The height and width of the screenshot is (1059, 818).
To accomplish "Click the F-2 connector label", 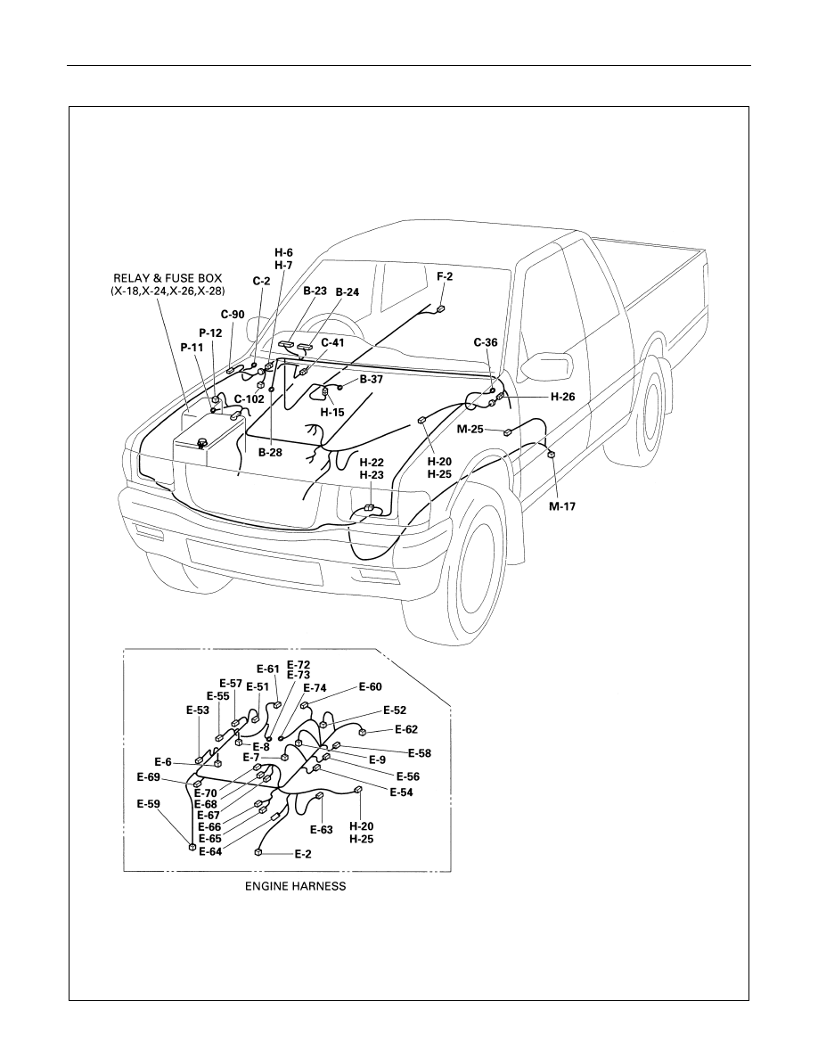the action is point(445,276).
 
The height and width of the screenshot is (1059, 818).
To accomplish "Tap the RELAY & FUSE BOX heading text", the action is point(168,278).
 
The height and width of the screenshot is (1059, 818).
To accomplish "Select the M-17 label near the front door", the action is point(562,505).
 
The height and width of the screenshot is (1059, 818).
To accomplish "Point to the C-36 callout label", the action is point(486,342).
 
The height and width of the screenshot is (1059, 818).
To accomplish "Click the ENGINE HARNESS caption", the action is point(295,886).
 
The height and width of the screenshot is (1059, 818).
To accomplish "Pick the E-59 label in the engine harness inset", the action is point(149,804).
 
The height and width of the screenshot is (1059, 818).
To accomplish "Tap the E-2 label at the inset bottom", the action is point(303,854).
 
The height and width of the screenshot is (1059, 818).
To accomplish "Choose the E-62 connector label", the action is point(406,729).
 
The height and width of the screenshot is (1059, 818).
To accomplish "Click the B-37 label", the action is point(372,380).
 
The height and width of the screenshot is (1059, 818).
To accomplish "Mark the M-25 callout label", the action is point(470,429).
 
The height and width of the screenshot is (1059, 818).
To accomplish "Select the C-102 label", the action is point(249,399).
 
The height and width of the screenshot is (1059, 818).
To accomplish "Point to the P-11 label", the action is point(192,347).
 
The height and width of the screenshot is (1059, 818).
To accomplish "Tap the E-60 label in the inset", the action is point(370,687).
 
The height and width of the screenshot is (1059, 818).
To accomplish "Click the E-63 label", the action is point(322,829).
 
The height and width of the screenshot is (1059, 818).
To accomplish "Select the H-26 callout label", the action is point(562,398).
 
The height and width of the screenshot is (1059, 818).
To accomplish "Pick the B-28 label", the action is point(270,453).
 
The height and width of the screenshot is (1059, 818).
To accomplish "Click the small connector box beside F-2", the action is point(441,308).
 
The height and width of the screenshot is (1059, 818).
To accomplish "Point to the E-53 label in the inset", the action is point(197,710).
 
